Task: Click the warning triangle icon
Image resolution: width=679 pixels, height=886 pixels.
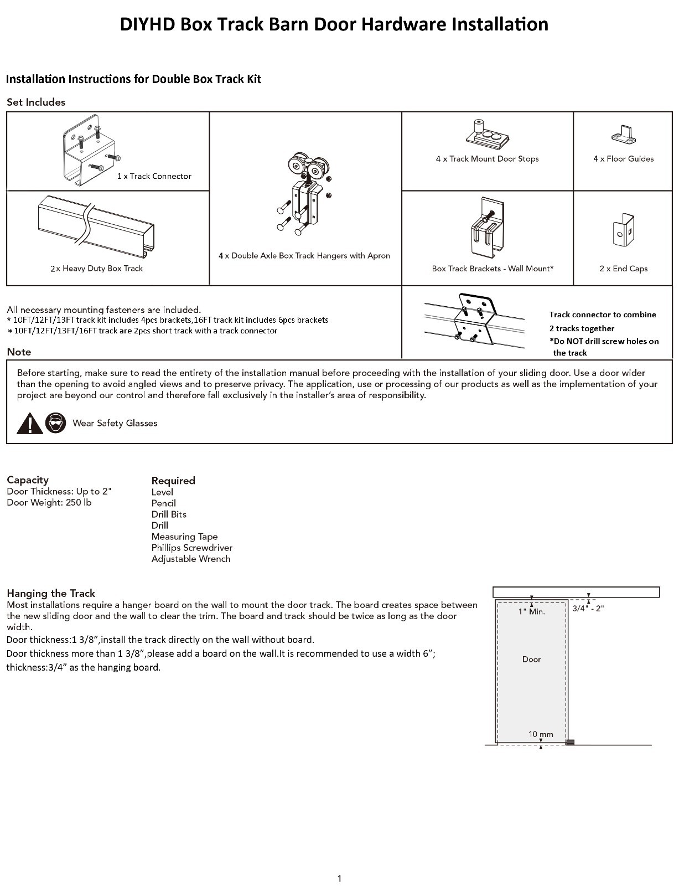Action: [29, 424]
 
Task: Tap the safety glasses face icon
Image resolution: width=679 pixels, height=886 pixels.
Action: [55, 423]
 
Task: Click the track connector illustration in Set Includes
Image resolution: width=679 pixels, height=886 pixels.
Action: [89, 151]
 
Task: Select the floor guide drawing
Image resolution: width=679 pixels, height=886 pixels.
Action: [623, 135]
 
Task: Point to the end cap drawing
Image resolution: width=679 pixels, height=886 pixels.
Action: [623, 231]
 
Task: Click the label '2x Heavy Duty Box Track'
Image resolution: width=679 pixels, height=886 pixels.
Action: [96, 269]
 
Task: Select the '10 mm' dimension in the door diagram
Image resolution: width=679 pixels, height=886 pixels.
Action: [541, 734]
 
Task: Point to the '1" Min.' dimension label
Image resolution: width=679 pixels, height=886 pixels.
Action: [531, 611]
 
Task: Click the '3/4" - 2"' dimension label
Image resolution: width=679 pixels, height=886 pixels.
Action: [588, 608]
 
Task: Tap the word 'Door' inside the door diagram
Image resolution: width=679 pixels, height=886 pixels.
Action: [531, 659]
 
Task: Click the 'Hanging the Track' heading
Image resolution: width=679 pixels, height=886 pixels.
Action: [51, 593]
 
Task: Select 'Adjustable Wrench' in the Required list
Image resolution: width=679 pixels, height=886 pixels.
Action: [191, 559]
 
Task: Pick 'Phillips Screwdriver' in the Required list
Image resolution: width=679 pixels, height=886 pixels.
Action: [192, 548]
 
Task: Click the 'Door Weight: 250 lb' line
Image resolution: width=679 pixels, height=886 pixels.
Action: [49, 502]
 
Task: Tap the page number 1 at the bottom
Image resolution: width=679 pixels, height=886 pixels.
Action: [339, 878]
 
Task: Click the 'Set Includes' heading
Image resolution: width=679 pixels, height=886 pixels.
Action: [36, 102]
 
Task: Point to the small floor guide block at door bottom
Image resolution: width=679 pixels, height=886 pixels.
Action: [570, 742]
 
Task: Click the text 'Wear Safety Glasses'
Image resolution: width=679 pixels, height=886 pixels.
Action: [115, 423]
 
